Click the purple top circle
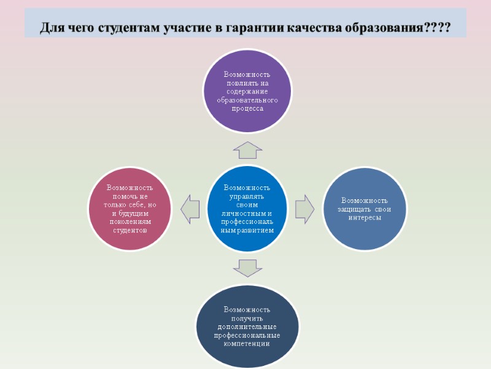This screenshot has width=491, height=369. point(247,91)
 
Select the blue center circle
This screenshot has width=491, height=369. point(247,208)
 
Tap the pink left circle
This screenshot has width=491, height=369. point(130,208)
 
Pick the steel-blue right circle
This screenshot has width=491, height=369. point(365,208)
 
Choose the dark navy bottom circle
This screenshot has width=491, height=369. point(247,326)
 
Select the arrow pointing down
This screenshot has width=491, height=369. point(247,267)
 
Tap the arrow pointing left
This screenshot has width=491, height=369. point(190,208)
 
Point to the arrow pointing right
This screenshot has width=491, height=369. point(304,209)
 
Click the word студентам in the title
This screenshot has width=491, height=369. point(127,28)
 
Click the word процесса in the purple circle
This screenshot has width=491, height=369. point(247,108)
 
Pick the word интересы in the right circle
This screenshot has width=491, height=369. point(365,218)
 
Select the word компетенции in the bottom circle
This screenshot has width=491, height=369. point(247,344)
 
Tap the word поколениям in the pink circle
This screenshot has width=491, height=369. point(130,221)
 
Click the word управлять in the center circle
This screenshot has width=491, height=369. point(247,197)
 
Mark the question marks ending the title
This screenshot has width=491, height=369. point(436,28)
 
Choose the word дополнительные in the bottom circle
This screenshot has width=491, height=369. point(247,327)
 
